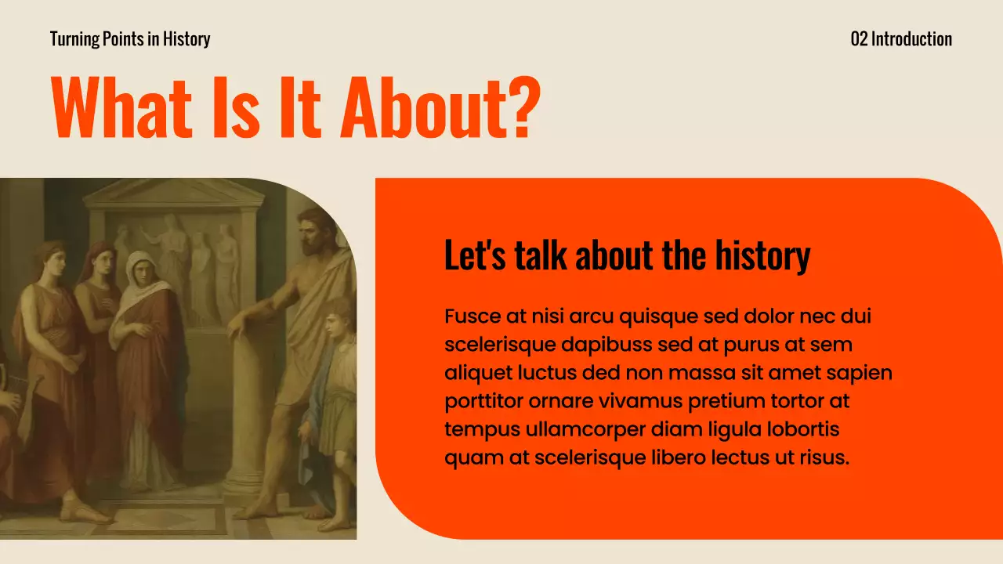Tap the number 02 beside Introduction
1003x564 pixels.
(x=859, y=38)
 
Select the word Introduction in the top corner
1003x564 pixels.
(x=911, y=38)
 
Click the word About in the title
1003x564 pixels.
(x=423, y=107)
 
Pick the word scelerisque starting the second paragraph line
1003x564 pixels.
(x=499, y=345)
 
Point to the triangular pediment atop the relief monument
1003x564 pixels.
(x=173, y=193)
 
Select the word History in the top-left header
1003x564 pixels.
(x=186, y=38)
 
